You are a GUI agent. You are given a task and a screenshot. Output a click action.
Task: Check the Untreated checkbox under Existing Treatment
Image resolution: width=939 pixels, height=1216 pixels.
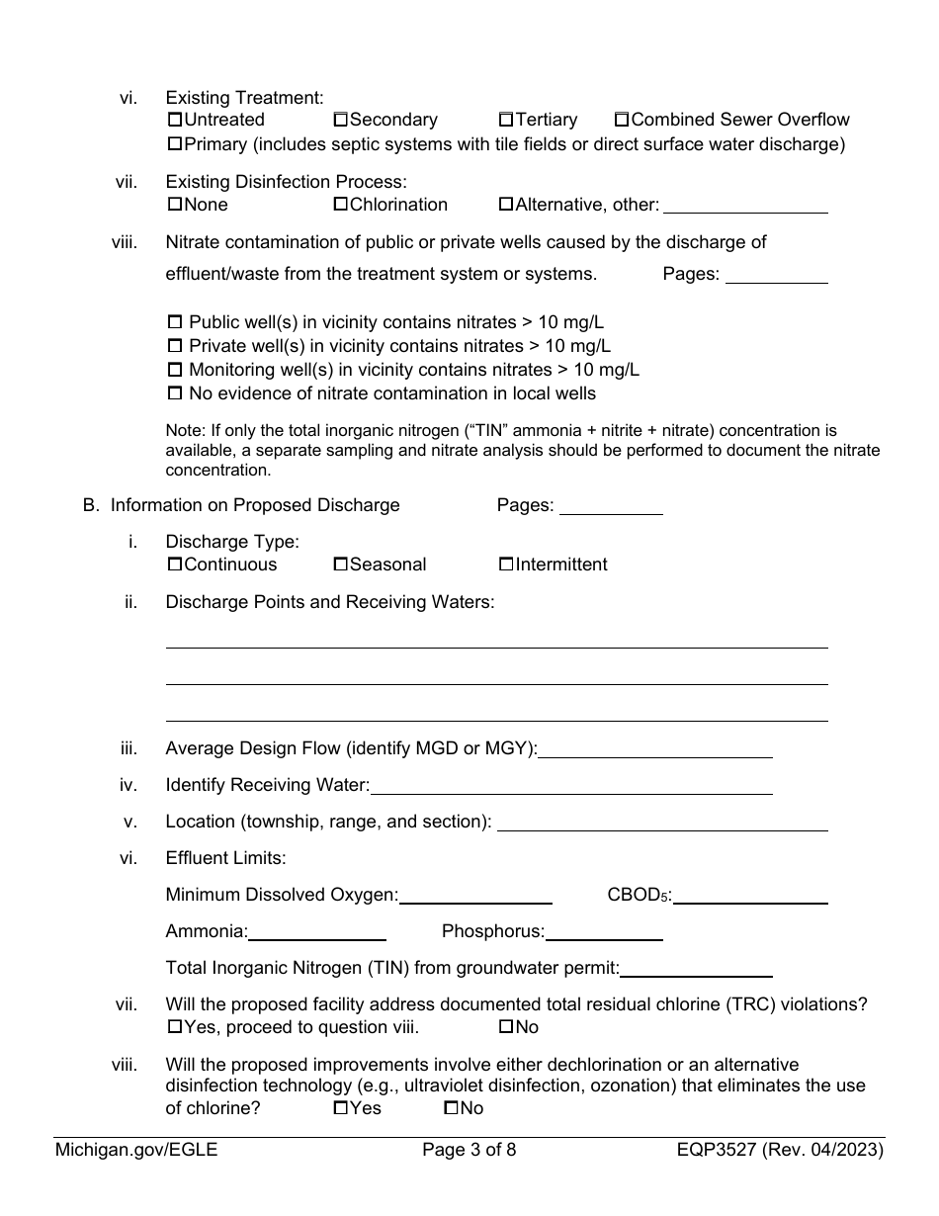click(175, 121)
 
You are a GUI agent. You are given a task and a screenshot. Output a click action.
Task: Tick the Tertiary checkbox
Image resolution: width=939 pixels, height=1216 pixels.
click(506, 121)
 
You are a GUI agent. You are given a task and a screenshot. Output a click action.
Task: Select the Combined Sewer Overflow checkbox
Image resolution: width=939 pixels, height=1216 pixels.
click(622, 121)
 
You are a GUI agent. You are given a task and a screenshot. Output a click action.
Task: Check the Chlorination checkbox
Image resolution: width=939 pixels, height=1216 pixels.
click(340, 206)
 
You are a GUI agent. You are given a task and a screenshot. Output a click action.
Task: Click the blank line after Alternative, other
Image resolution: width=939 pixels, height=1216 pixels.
click(745, 206)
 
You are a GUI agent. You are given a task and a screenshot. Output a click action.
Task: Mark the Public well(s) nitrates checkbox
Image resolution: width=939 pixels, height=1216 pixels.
click(176, 323)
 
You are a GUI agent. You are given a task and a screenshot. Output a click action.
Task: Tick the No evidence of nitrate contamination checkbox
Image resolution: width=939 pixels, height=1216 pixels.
click(176, 394)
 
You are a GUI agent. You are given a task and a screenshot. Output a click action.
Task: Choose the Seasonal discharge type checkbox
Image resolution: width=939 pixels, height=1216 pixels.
click(340, 565)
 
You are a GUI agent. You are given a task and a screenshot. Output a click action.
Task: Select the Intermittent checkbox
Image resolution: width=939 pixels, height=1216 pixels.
click(506, 565)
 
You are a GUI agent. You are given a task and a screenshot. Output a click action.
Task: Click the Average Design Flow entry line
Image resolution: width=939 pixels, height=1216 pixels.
click(655, 749)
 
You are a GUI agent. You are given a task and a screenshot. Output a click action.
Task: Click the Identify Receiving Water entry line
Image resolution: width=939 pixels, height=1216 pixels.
click(571, 786)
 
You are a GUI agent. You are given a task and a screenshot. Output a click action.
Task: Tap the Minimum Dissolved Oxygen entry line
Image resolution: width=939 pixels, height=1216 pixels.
click(475, 896)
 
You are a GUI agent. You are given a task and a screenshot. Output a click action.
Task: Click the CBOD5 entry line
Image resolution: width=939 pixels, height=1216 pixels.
click(750, 896)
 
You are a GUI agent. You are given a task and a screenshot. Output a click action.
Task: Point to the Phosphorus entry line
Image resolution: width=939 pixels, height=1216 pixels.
click(604, 932)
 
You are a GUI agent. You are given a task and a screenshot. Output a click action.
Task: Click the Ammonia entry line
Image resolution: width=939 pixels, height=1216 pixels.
click(317, 932)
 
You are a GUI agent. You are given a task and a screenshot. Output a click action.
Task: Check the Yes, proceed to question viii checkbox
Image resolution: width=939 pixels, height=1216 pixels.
click(175, 1028)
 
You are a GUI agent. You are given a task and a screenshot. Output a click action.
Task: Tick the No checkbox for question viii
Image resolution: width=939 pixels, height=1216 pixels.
click(451, 1109)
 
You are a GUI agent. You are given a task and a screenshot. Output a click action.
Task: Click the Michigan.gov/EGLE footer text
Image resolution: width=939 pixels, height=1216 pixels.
click(136, 1150)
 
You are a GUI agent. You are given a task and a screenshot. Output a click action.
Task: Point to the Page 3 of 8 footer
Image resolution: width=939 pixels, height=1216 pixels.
click(469, 1150)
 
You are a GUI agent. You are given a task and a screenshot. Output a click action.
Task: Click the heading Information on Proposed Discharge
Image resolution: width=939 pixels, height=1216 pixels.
click(255, 505)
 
